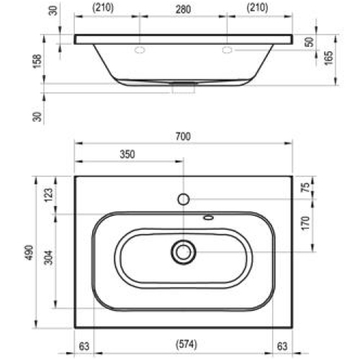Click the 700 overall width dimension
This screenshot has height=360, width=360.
point(183,136)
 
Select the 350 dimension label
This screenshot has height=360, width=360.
point(127,154)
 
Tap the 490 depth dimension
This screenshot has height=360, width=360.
point(30,253)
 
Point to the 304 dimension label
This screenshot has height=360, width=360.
point(48,257)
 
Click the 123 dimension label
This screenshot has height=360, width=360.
point(49,195)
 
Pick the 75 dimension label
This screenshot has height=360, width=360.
point(306,187)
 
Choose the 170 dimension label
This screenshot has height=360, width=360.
point(306,223)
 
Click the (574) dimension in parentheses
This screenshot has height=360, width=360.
point(186,344)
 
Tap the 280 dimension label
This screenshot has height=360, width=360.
point(184,9)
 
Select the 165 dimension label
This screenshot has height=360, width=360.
point(329,58)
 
